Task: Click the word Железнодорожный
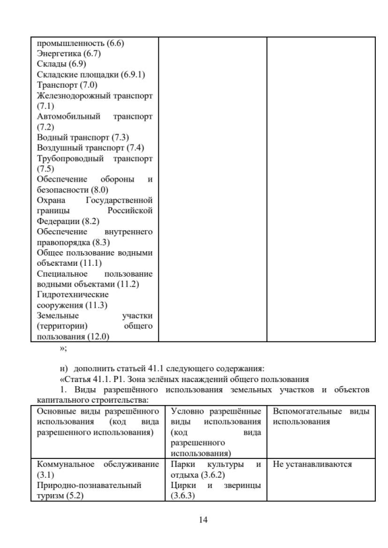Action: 74,95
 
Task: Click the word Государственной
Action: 119,200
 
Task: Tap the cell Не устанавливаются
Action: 312,464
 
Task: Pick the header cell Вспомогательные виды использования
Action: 321,416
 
